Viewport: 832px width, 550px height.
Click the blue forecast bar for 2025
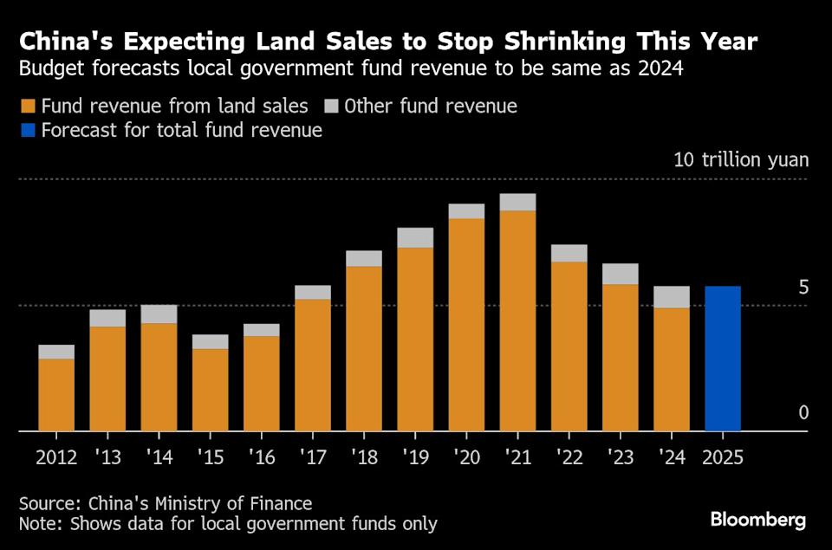click(723, 358)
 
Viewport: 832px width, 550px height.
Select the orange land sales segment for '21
click(517, 320)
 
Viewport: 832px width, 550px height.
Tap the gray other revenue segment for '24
click(672, 297)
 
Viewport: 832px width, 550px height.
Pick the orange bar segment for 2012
click(56, 394)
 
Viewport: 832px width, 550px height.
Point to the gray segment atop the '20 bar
click(466, 211)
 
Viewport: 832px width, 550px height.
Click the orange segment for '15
click(210, 389)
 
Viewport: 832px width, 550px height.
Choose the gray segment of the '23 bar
click(621, 274)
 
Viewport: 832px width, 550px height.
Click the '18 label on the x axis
click(364, 456)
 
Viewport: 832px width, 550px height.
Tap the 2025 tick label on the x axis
click(723, 456)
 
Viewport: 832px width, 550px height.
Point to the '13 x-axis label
click(107, 456)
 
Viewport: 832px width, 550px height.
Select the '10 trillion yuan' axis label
click(741, 160)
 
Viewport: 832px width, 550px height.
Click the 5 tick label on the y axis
click(803, 287)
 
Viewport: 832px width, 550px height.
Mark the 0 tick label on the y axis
click(803, 412)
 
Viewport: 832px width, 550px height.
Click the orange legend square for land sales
click(27, 107)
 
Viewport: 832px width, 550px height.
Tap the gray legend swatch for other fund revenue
click(330, 107)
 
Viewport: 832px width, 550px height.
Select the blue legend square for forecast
click(27, 131)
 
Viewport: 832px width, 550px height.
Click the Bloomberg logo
click(758, 520)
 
